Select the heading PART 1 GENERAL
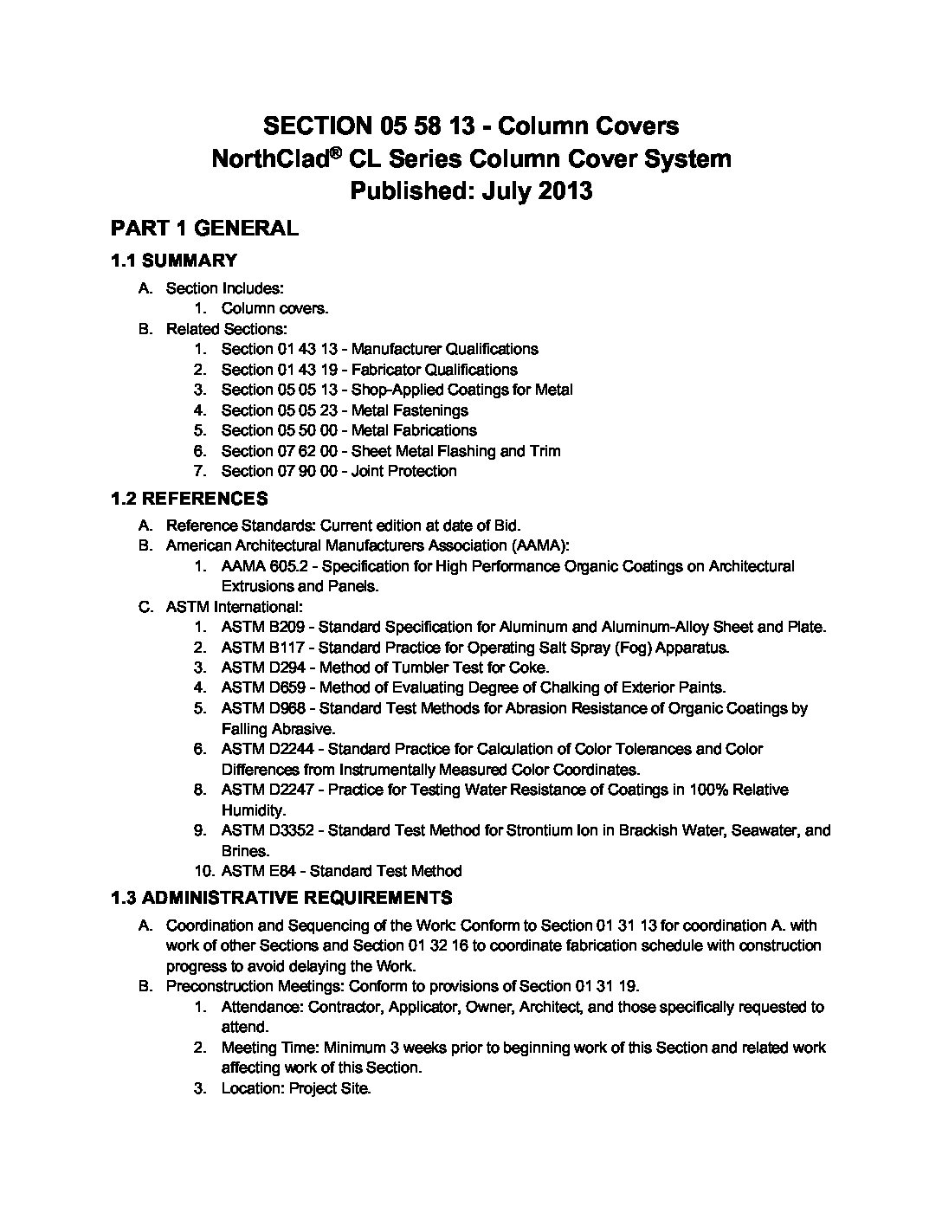[x=204, y=229]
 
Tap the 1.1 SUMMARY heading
[x=174, y=261]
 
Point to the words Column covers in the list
[x=274, y=308]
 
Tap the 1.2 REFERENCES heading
[x=190, y=499]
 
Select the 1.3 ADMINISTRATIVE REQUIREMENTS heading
[x=281, y=898]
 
